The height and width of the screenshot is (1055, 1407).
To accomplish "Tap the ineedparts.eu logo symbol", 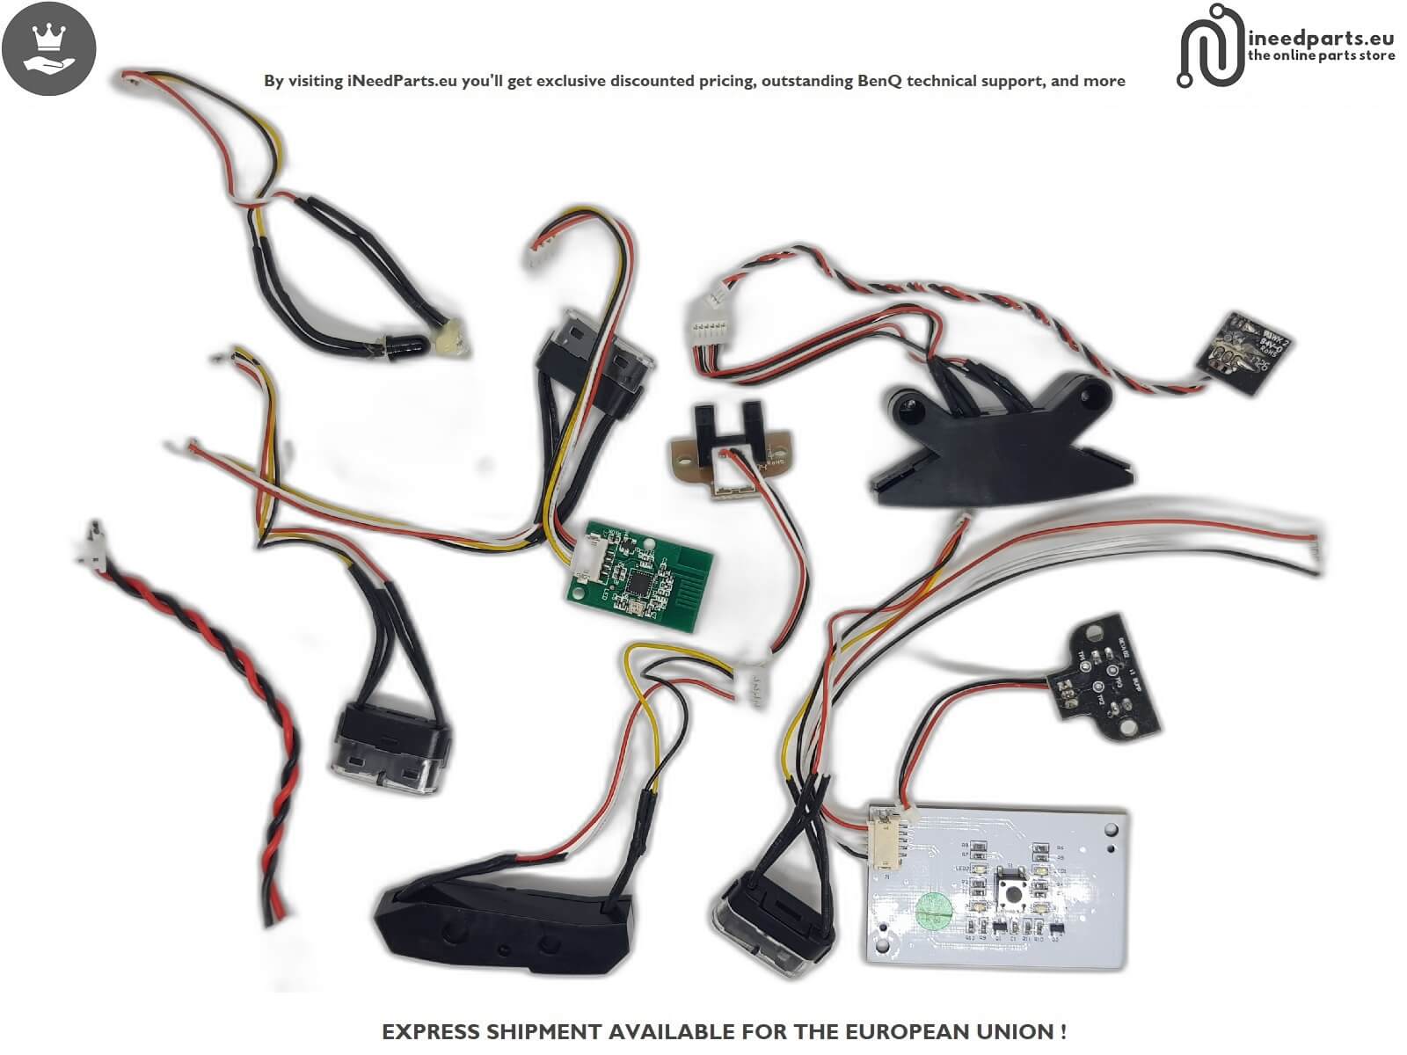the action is pyautogui.click(x=1209, y=46).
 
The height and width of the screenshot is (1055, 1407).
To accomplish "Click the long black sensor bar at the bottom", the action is pyautogui.click(x=501, y=923).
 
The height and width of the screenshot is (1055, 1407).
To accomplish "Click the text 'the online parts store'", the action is pyautogui.click(x=1321, y=55).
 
